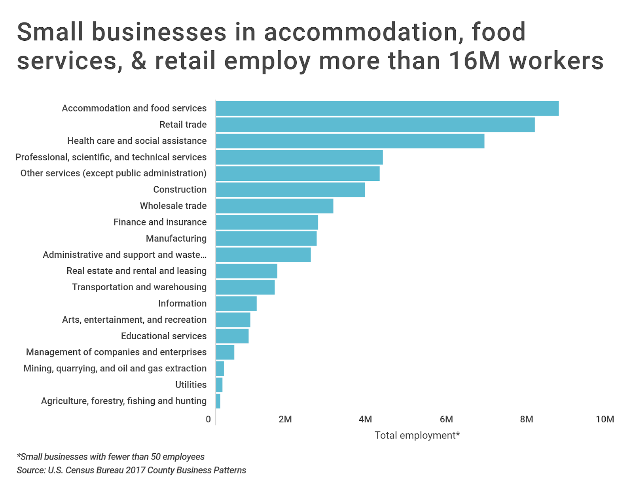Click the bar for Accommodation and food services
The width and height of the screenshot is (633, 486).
[387, 108]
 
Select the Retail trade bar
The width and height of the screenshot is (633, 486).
[375, 125]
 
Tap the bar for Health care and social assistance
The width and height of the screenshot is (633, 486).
[350, 141]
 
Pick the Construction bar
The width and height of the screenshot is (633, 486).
[290, 190]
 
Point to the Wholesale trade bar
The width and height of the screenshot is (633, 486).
[275, 206]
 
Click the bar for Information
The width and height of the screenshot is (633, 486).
[236, 304]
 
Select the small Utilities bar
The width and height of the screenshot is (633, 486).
[219, 385]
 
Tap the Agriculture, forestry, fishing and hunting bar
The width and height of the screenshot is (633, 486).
[218, 401]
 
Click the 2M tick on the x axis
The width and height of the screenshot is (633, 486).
[285, 419]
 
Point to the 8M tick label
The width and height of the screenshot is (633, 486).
[527, 419]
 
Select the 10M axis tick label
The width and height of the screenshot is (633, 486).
[605, 419]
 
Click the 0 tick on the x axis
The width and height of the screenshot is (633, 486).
[208, 419]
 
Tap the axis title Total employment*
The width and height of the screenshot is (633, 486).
[417, 435]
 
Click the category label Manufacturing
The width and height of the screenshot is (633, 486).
[176, 238]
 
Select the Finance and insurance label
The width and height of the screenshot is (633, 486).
[160, 222]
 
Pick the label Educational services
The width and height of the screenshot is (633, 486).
[164, 336]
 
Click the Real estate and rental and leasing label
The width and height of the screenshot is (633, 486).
[136, 271]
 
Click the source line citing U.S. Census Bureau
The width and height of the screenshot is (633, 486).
[131, 470]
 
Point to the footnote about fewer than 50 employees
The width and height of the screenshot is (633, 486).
[111, 457]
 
